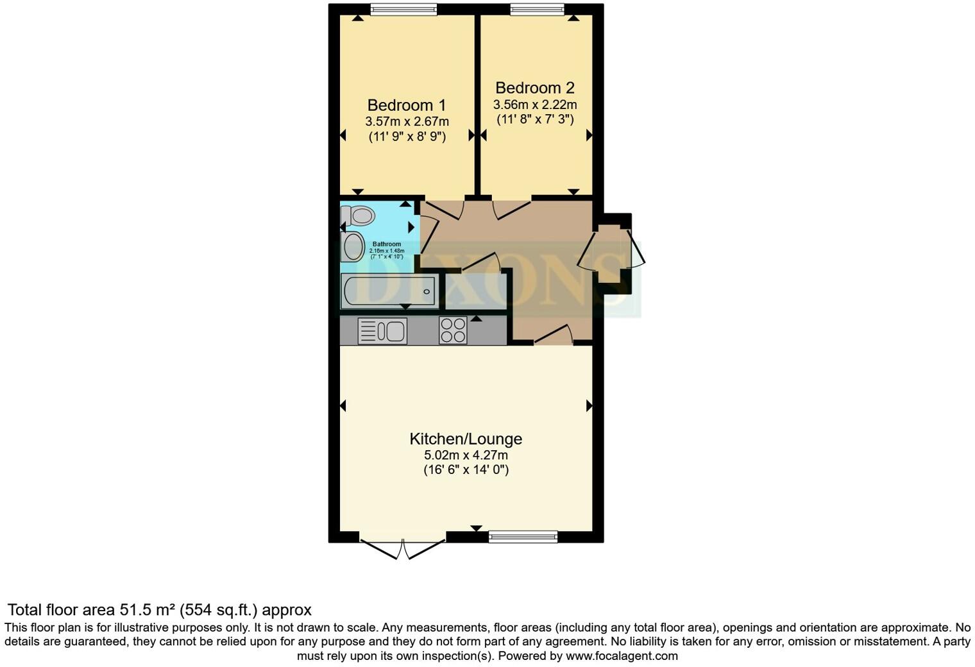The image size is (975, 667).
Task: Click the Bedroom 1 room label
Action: (x=406, y=105)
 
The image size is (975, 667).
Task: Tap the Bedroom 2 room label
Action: (x=534, y=88)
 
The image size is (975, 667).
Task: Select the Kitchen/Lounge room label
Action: (x=466, y=439)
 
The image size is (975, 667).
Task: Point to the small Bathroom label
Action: (x=387, y=244)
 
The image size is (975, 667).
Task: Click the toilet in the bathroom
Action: (x=359, y=216)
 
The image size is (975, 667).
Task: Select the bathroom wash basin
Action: (x=352, y=246)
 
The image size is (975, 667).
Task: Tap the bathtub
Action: (x=389, y=291)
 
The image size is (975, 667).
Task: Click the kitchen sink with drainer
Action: (x=382, y=331)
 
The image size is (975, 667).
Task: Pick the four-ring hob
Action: (x=453, y=331)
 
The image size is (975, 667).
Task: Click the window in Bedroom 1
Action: (x=403, y=9)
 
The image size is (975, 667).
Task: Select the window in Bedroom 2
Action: (x=537, y=9)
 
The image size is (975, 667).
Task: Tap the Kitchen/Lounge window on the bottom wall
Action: (x=523, y=537)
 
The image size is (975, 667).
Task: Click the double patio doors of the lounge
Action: (x=403, y=548)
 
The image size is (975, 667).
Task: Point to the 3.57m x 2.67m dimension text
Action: (x=407, y=121)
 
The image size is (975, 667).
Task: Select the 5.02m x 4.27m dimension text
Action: (x=466, y=455)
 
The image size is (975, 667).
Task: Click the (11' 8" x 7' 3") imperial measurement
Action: (x=534, y=119)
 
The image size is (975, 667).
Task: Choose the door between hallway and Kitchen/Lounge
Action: (x=553, y=335)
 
